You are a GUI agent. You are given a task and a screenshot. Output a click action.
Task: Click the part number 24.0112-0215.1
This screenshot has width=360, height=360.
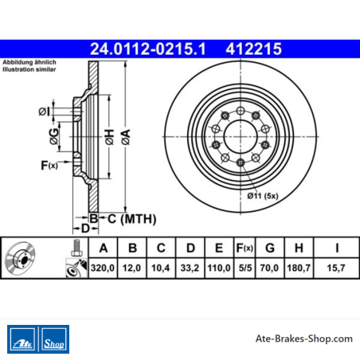pos(148,49)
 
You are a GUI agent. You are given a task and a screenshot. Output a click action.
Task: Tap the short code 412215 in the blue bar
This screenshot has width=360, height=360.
pos(253,49)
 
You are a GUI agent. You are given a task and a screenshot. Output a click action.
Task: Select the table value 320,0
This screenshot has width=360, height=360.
pos(103,268)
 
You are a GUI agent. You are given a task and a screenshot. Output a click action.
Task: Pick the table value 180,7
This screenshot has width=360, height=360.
pos(299,268)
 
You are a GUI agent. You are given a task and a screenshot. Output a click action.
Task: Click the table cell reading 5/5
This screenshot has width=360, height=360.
pos(245,268)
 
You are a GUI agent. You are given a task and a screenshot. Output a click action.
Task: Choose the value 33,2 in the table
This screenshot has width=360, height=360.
pos(190,268)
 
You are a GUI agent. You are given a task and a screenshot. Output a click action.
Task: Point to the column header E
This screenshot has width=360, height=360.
pos(219,248)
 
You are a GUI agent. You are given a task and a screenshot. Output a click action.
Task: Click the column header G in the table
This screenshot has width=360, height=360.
pos(270,248)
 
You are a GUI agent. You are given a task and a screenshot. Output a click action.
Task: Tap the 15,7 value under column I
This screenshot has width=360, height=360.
pos(336,268)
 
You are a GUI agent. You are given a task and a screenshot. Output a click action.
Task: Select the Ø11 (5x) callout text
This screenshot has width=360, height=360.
pos(263,196)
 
